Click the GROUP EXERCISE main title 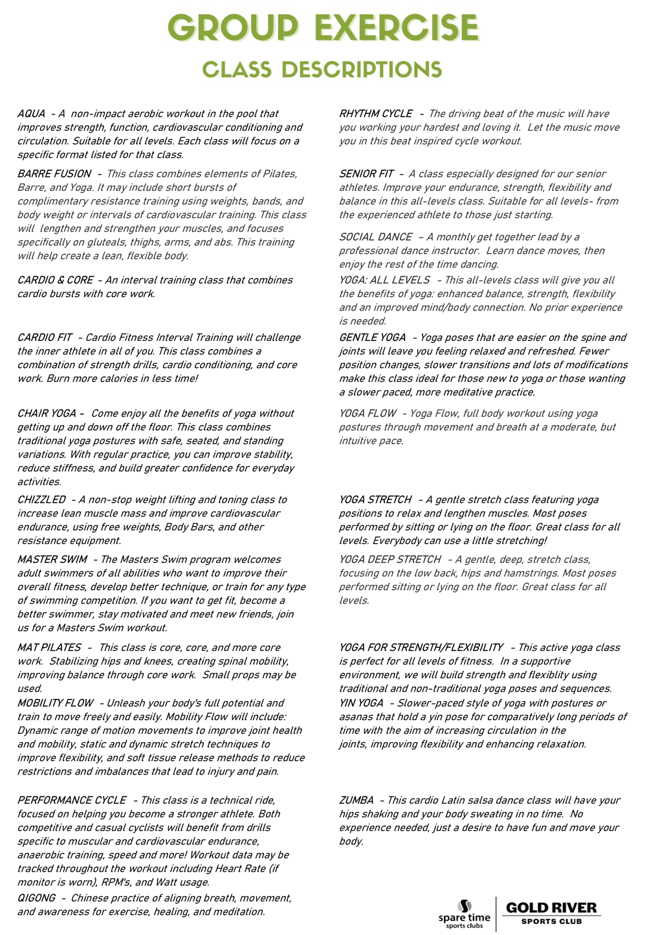[323, 28]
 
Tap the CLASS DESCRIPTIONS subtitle [322, 70]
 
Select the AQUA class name [31, 114]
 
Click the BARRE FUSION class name [54, 174]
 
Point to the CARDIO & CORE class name [55, 280]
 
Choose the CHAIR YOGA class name [47, 413]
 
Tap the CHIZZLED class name [41, 500]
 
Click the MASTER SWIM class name [52, 560]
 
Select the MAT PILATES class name [49, 648]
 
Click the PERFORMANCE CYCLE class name [72, 800]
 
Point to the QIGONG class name [36, 898]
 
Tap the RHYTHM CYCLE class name [375, 114]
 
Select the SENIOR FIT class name [366, 174]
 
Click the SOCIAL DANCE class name [375, 237]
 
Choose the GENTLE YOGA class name [373, 338]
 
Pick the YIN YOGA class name [361, 703]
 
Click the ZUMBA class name [356, 800]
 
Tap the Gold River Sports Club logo [551, 912]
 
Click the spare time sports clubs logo [465, 914]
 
